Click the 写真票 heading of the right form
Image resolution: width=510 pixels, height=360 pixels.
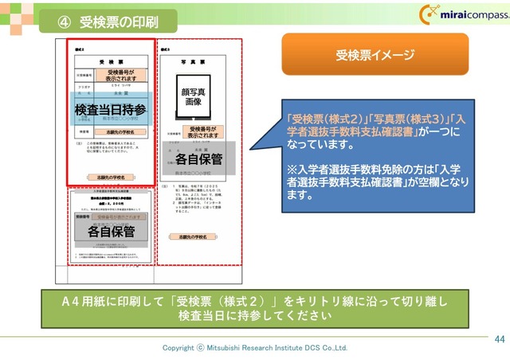tap(196, 61)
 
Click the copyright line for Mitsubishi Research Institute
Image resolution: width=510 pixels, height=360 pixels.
tap(255, 348)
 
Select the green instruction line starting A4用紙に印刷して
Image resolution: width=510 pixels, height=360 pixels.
tap(255, 301)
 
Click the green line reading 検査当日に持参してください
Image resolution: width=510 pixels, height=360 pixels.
tap(255, 315)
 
